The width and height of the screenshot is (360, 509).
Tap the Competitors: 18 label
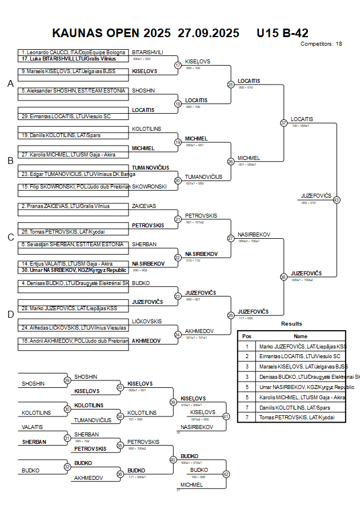(x=321, y=43)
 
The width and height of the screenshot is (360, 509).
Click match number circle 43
(x=337, y=200)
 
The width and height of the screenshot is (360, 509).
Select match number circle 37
(x=283, y=123)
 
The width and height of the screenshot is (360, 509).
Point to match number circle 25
(x=231, y=85)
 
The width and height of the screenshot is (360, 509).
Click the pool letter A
(x=10, y=84)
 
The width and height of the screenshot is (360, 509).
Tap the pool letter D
(x=10, y=314)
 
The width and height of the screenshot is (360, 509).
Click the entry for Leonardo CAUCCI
(x=73, y=53)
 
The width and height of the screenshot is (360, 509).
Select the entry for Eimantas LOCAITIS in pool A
(x=66, y=117)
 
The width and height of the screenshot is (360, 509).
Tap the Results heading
(x=291, y=324)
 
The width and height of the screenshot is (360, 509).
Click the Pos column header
(x=247, y=336)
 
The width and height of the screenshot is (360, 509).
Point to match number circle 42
(x=226, y=474)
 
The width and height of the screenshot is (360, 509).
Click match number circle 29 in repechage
(x=67, y=380)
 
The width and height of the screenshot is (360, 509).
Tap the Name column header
(x=301, y=336)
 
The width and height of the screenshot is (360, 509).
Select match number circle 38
(x=283, y=277)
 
